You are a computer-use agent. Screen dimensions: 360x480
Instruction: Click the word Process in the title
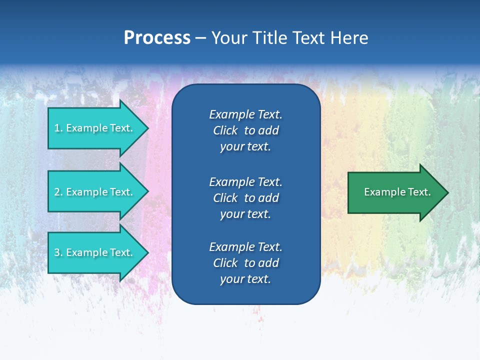(x=157, y=38)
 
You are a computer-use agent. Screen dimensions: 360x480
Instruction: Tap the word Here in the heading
(x=348, y=38)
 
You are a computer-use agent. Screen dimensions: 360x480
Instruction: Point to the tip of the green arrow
(x=447, y=192)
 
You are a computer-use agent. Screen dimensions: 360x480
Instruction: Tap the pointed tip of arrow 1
(x=147, y=128)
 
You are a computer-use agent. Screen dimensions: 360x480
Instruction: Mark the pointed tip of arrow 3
(x=147, y=252)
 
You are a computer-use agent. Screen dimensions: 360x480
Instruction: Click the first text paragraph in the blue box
(x=245, y=130)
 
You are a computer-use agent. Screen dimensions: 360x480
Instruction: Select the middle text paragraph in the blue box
(x=245, y=198)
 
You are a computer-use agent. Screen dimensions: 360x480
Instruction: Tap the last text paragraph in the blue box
(x=245, y=263)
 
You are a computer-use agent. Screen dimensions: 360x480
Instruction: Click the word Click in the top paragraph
(x=225, y=130)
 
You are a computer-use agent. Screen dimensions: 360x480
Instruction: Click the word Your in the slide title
(x=229, y=38)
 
